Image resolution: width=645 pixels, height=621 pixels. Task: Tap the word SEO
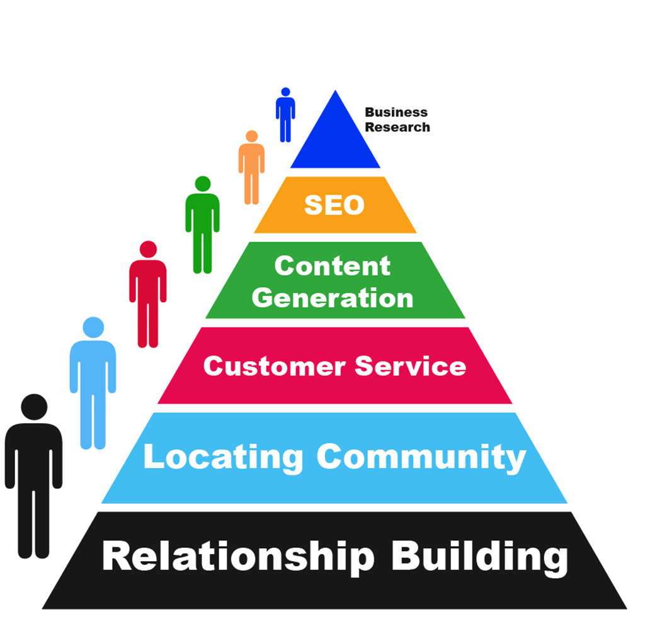coord(334,205)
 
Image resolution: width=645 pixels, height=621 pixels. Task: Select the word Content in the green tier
coord(333,266)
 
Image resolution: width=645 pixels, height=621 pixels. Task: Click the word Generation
coord(333,297)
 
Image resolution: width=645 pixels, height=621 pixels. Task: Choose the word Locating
coord(224,456)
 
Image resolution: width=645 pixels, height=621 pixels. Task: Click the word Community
coord(421,456)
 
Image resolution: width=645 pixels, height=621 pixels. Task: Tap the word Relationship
coord(237,557)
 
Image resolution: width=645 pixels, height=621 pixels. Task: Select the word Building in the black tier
coord(479,557)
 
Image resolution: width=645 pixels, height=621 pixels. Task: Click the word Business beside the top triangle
coord(396,112)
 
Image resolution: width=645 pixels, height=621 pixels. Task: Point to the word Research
coord(397,127)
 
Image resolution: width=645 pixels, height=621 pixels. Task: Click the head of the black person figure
coord(34,407)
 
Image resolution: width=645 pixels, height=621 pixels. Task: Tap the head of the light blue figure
coord(93,328)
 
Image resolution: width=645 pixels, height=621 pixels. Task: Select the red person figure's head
coord(148,249)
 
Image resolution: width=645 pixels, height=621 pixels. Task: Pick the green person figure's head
coord(203,183)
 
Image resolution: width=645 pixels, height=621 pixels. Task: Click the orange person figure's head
coord(252,136)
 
